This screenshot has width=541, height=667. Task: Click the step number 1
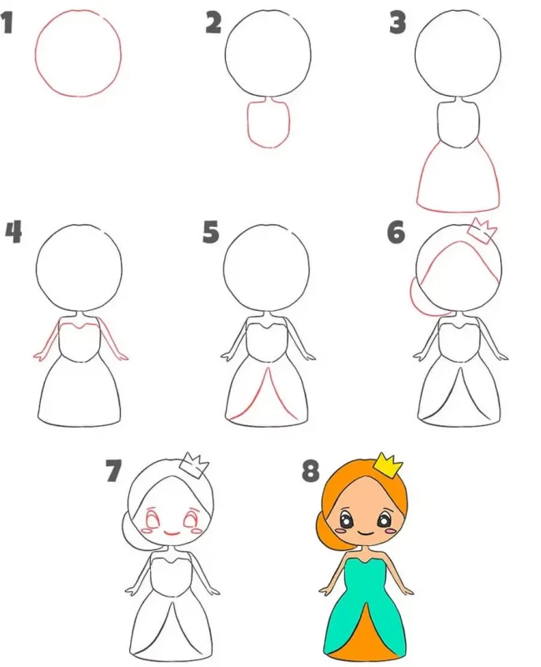pos(7,23)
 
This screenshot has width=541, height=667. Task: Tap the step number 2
pos(213,23)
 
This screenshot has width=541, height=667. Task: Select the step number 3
pos(398,23)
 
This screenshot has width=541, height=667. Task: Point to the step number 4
pos(13,233)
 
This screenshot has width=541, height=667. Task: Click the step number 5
pos(211,233)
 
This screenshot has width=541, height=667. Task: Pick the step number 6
pos(396,233)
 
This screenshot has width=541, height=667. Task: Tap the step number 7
pos(113,472)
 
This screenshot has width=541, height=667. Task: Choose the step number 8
pos(310,472)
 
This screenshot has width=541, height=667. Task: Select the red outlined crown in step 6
pos(483,232)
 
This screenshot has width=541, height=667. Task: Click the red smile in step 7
pos(172,533)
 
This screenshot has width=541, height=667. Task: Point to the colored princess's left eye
pos(347,519)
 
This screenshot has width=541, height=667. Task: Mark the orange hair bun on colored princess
pos(323,529)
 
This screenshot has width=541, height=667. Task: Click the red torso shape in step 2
pos(269,123)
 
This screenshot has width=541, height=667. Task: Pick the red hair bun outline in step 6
pos(419,298)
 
